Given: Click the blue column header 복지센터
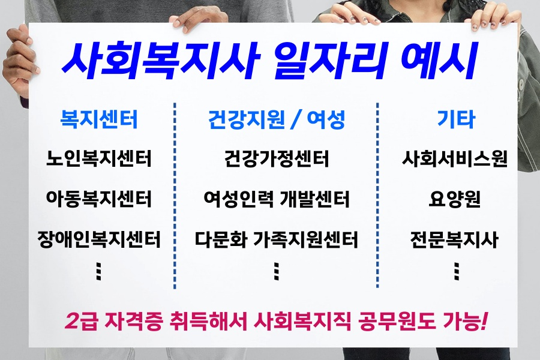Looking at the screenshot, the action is pyautogui.click(x=99, y=119).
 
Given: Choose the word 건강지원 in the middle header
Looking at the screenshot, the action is pyautogui.click(x=246, y=119).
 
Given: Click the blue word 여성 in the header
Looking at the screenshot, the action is pyautogui.click(x=326, y=119).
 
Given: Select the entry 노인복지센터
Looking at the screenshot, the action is pyautogui.click(x=99, y=158).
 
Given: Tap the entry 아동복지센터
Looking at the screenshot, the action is pyautogui.click(x=99, y=199).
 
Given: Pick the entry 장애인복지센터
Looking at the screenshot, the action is pyautogui.click(x=99, y=239).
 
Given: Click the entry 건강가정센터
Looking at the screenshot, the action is pyautogui.click(x=277, y=158).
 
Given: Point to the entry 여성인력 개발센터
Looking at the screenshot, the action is pyautogui.click(x=277, y=199).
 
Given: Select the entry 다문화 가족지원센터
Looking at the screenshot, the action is pyautogui.click(x=277, y=239).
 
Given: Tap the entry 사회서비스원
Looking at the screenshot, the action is pyautogui.click(x=455, y=158).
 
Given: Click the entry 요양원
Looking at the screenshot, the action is pyautogui.click(x=455, y=199).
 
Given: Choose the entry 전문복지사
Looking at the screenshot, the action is pyautogui.click(x=455, y=239).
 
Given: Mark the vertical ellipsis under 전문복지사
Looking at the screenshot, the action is pyautogui.click(x=457, y=271).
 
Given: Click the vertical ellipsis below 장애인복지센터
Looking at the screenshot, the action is pyautogui.click(x=99, y=271).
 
